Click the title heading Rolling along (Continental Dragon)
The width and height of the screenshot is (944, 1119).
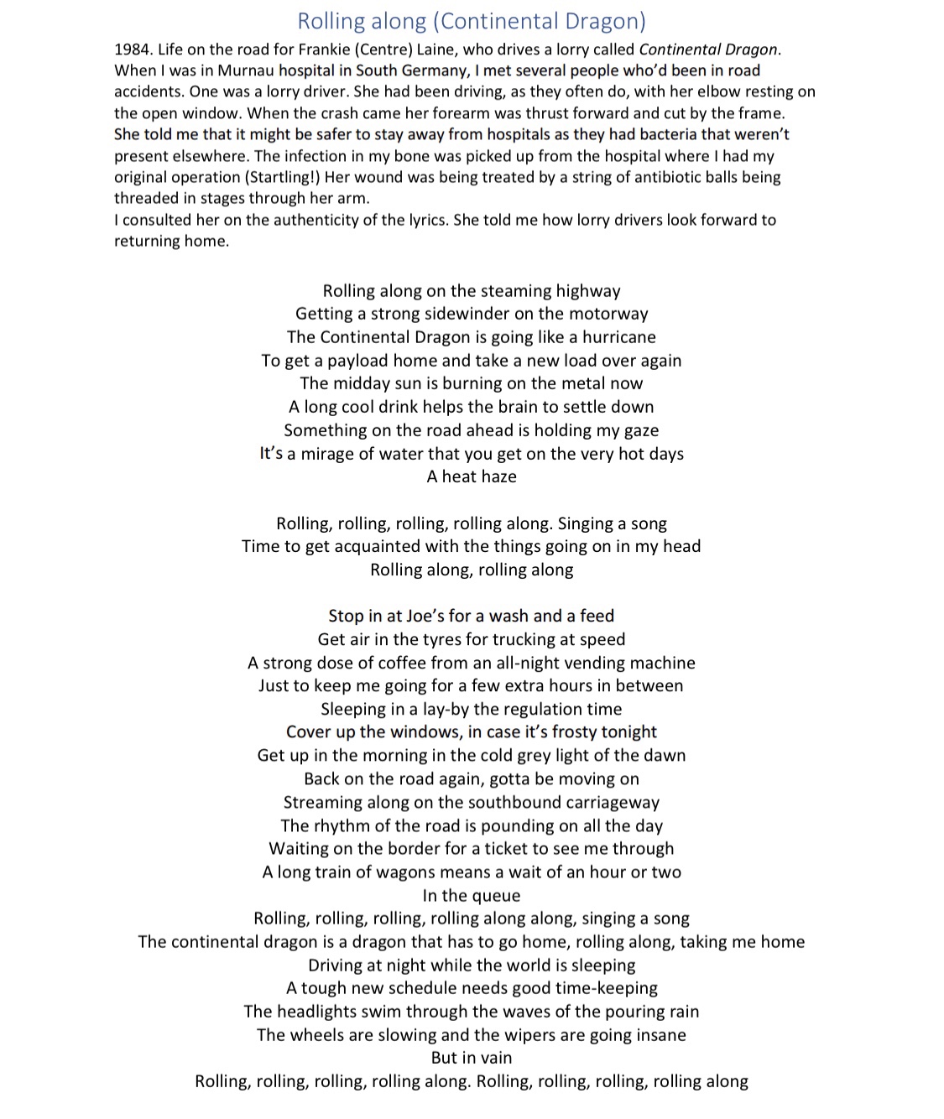click(472, 21)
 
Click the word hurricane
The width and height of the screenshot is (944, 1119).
click(619, 337)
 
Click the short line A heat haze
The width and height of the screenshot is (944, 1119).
click(472, 476)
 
